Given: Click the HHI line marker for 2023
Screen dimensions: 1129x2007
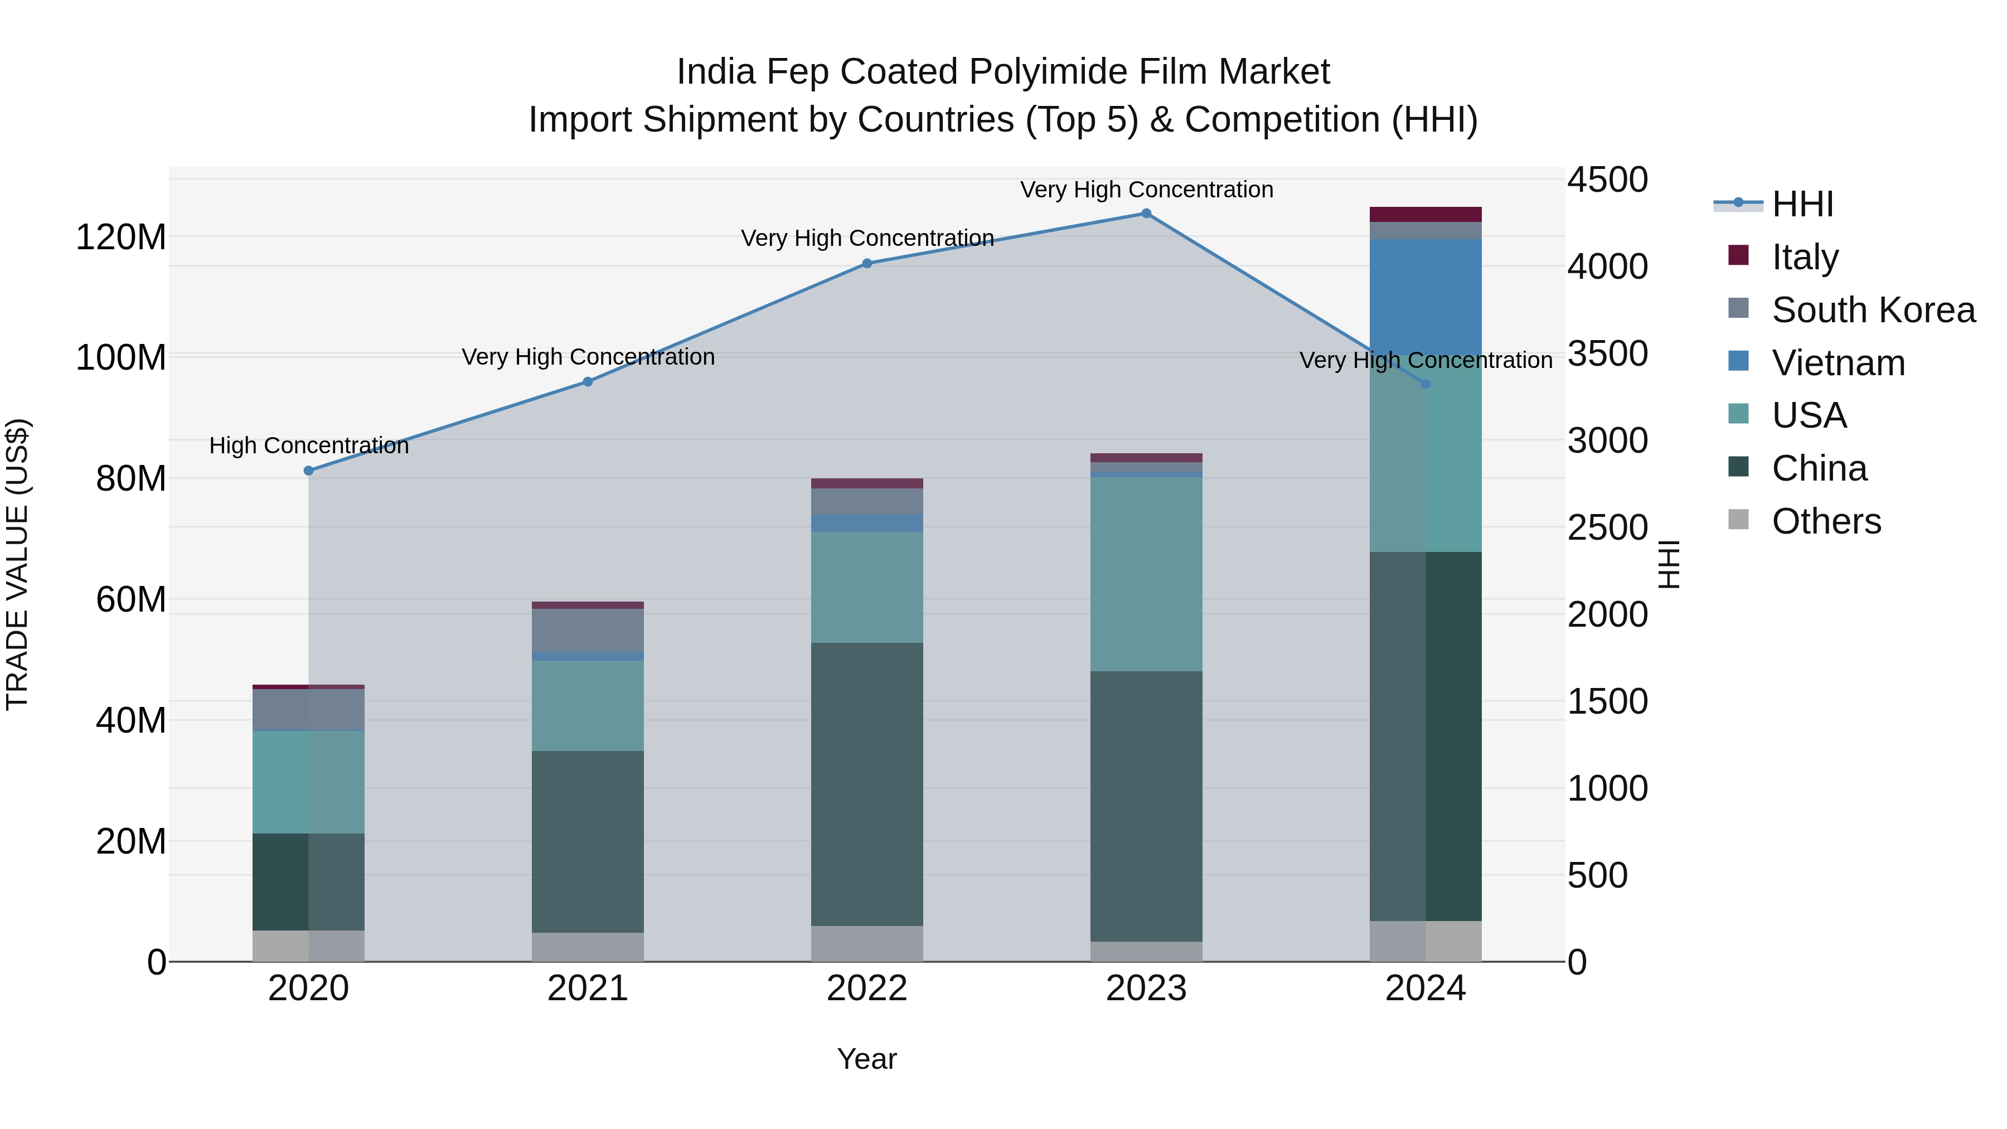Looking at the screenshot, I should pyautogui.click(x=1146, y=214).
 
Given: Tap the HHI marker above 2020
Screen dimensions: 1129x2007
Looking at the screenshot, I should pyautogui.click(x=308, y=471).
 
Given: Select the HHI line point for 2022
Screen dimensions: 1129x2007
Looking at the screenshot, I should pyautogui.click(x=867, y=263).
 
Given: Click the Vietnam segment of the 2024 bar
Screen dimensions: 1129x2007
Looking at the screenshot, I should pyautogui.click(x=1426, y=296).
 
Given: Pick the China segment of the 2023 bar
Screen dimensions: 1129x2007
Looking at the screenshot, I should pyautogui.click(x=1146, y=806).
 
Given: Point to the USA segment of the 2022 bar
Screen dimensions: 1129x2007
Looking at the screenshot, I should pyautogui.click(x=867, y=588).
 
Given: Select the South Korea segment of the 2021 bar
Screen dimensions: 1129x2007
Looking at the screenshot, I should pyautogui.click(x=588, y=629).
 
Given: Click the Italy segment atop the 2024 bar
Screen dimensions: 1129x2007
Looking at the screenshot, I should pyautogui.click(x=1426, y=214).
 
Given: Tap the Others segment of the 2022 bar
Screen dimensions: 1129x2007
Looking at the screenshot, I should pyautogui.click(x=867, y=943).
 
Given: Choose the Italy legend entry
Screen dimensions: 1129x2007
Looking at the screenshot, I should pyautogui.click(x=1805, y=257).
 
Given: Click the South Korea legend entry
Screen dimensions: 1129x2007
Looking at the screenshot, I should pyautogui.click(x=1873, y=310).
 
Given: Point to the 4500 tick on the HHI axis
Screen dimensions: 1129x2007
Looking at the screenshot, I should pyautogui.click(x=1607, y=180).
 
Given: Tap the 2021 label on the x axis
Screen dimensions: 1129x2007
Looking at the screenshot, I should pyautogui.click(x=588, y=989).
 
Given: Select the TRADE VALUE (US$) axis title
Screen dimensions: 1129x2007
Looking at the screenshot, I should pyautogui.click(x=17, y=564).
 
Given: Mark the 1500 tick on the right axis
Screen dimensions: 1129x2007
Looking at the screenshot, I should pyautogui.click(x=1607, y=701).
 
